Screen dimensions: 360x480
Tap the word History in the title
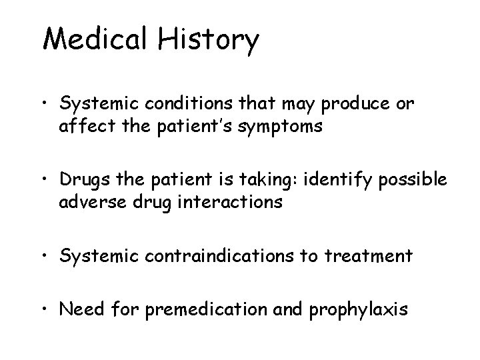tap(208, 40)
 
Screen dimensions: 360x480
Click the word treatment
tap(379, 256)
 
